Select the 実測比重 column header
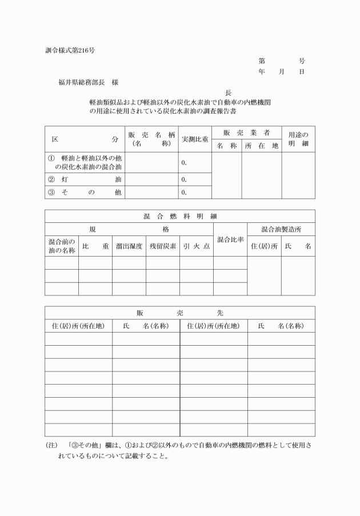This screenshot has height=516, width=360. pyautogui.click(x=195, y=139)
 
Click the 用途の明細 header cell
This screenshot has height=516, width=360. pyautogui.click(x=298, y=139)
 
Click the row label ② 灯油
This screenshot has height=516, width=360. pyautogui.click(x=85, y=179)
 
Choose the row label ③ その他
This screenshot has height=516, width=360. pyautogui.click(x=85, y=192)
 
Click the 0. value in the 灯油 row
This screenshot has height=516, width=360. pyautogui.click(x=184, y=179)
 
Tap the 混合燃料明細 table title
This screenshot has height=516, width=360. pyautogui.click(x=179, y=217)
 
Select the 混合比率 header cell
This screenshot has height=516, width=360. pyautogui.click(x=230, y=239)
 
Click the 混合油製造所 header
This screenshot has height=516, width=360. pyautogui.click(x=281, y=229)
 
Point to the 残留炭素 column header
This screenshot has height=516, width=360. pyautogui.click(x=163, y=246)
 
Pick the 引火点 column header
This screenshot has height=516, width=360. pyautogui.click(x=197, y=246)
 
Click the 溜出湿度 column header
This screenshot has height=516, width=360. pyautogui.click(x=129, y=246)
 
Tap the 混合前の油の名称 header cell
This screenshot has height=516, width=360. pyautogui.click(x=62, y=246)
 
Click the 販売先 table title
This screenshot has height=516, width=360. pyautogui.click(x=179, y=313)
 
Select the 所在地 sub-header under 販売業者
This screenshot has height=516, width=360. pyautogui.click(x=261, y=146)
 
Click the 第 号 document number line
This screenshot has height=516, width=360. pyautogui.click(x=281, y=61)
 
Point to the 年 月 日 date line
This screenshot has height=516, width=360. pyautogui.click(x=281, y=72)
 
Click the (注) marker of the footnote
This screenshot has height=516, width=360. pyautogui.click(x=51, y=445)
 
